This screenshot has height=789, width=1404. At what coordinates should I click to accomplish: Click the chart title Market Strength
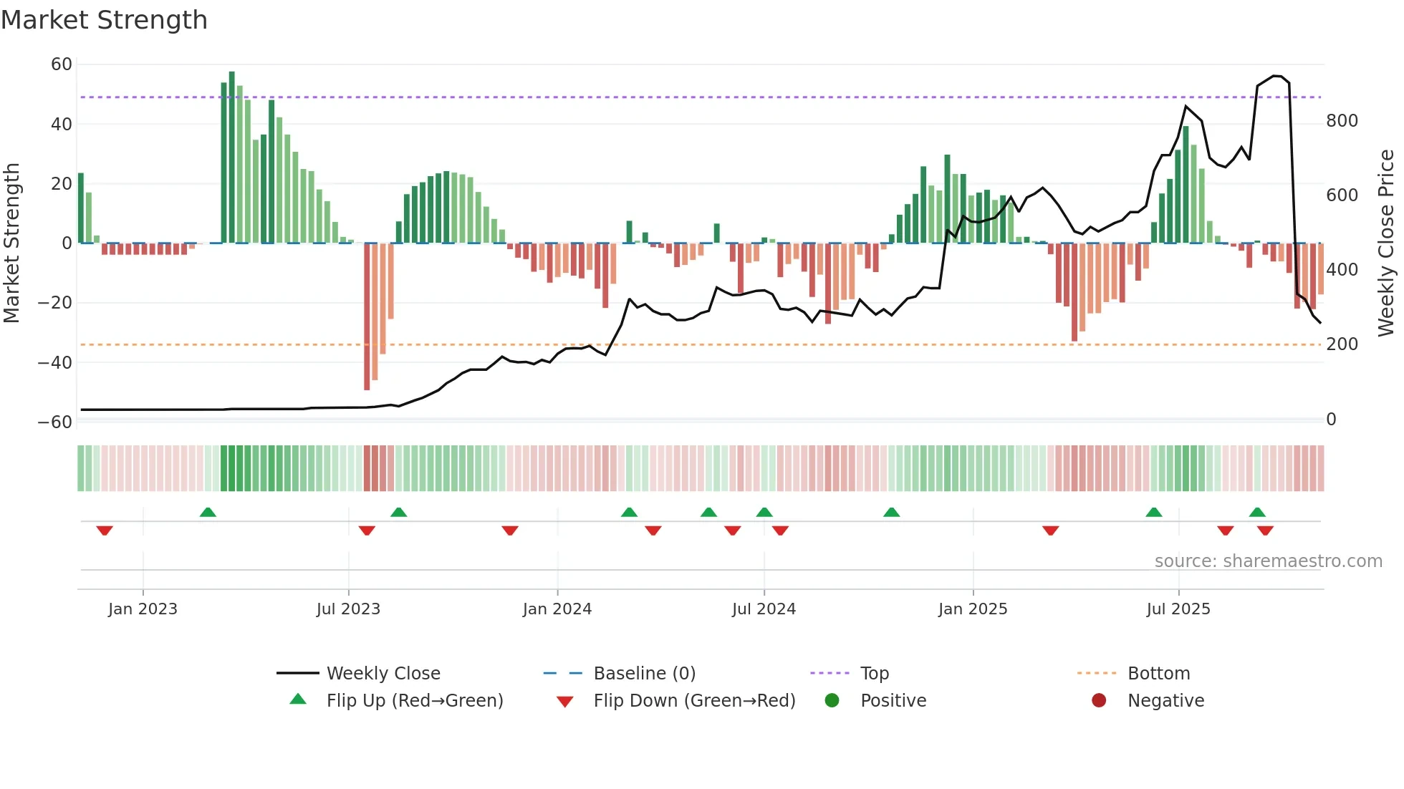(104, 20)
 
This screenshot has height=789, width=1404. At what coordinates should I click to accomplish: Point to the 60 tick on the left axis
(62, 64)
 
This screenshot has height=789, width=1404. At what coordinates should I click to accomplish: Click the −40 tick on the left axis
(55, 362)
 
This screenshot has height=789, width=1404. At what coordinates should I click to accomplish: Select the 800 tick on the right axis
(1342, 120)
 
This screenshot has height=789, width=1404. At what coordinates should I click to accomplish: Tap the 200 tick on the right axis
(1342, 344)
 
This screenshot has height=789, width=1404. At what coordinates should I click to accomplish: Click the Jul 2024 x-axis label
(764, 609)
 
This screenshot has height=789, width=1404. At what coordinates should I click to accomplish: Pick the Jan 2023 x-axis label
(143, 609)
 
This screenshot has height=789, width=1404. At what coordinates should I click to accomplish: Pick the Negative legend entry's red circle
(1099, 700)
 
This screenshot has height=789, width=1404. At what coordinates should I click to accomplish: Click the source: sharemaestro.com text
(1268, 561)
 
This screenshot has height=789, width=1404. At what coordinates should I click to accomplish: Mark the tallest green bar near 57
(231, 158)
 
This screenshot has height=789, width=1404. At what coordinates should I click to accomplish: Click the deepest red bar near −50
(367, 316)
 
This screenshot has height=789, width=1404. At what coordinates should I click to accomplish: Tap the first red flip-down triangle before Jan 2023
(105, 531)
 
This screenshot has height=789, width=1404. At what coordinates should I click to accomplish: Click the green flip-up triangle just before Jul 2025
(1153, 512)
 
